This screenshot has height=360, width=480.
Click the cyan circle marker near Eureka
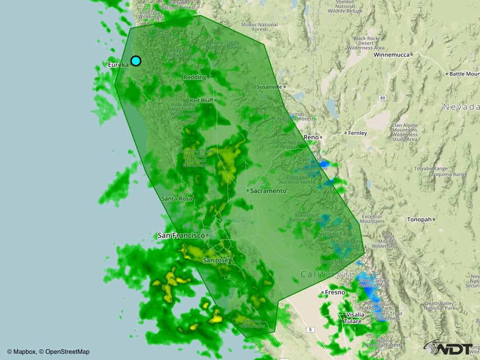(x=136, y=61)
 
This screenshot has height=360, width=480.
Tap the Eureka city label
(x=118, y=65)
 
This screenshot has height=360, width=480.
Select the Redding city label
(x=195, y=77)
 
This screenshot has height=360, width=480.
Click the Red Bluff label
(x=201, y=101)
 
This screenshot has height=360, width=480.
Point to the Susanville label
(x=269, y=87)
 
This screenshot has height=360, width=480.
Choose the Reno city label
(x=311, y=137)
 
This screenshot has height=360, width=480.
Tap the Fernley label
(x=357, y=133)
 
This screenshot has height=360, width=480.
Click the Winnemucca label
(x=392, y=54)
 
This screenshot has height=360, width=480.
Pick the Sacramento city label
(x=269, y=190)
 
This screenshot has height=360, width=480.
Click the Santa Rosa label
(x=176, y=198)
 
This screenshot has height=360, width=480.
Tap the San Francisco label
(x=181, y=235)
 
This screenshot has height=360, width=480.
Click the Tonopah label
(x=419, y=219)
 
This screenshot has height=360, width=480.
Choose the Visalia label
(x=354, y=315)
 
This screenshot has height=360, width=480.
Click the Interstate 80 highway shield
(x=382, y=97)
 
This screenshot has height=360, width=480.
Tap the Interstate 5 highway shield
(x=309, y=330)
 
